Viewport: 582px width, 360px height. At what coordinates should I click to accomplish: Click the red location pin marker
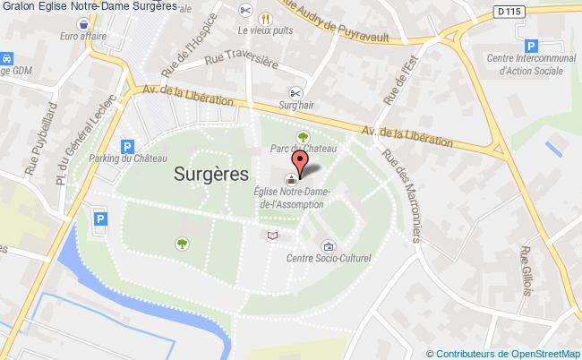tap(301, 161)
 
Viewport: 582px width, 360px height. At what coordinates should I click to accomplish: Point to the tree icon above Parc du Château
tap(303, 135)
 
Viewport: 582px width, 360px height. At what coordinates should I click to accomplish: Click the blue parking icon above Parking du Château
tap(127, 145)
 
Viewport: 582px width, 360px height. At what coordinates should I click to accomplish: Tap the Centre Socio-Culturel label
tap(328, 259)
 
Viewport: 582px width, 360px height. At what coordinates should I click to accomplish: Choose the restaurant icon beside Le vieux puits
tap(265, 18)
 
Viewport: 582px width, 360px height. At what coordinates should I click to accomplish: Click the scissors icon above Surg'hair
tap(295, 91)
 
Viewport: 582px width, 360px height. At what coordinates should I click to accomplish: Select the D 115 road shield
tap(480, 10)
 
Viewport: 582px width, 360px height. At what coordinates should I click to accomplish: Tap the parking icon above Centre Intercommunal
tap(531, 45)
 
